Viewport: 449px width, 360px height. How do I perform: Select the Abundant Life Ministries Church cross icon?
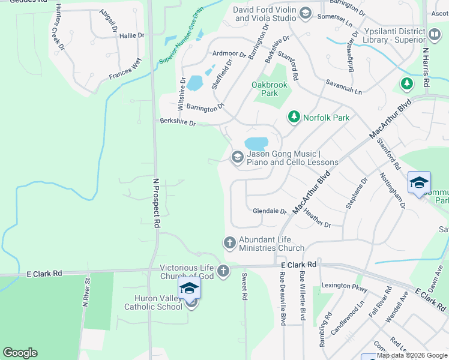[229, 243]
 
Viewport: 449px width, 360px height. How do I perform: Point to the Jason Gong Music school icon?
[237, 157]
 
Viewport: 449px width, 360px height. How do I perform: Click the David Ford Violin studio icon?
[305, 13]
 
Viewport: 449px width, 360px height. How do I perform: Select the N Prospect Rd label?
[156, 202]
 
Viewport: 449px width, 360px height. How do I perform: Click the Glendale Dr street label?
[270, 211]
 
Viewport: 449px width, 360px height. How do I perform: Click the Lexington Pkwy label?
[344, 287]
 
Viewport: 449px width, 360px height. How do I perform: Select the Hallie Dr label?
[132, 35]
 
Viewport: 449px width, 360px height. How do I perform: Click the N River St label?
[86, 291]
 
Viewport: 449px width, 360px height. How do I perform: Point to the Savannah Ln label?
[344, 88]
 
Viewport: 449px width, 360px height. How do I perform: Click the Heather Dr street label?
[317, 218]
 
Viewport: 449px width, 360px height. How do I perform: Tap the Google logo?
[20, 353]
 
